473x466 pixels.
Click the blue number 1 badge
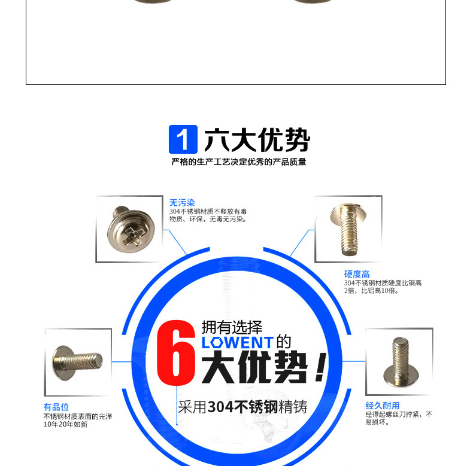[183, 139]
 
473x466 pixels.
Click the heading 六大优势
[257, 140]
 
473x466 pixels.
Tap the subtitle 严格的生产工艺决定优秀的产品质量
[239, 162]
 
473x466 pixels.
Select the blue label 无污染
[182, 203]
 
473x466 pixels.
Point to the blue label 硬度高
[357, 274]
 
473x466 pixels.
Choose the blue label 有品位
[56, 407]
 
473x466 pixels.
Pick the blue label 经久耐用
[383, 406]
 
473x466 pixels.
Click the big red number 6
[176, 353]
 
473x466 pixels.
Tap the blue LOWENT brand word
[238, 343]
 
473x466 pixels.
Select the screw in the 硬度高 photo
[348, 228]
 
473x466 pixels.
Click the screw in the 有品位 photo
[77, 363]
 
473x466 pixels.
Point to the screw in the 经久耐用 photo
[401, 362]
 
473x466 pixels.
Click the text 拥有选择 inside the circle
[232, 327]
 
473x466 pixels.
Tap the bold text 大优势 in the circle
[254, 367]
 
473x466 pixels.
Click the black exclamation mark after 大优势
[321, 367]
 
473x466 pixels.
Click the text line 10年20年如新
[65, 424]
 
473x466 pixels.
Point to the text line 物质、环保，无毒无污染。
[208, 219]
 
